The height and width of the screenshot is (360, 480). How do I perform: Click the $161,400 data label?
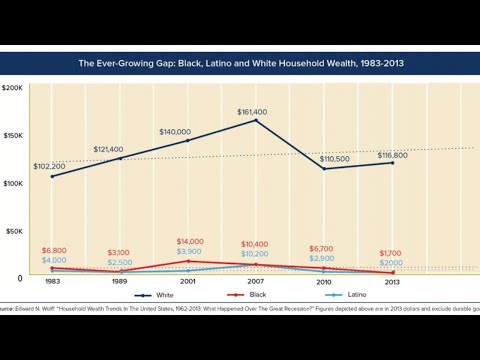[x=255, y=112]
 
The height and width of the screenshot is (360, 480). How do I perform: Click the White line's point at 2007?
[x=256, y=121]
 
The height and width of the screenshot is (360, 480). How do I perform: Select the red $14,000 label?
[x=190, y=241]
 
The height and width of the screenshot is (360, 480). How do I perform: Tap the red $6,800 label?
[x=54, y=249]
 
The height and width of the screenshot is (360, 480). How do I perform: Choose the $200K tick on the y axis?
[x=13, y=88]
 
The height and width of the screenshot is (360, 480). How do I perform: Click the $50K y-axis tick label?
[x=15, y=230]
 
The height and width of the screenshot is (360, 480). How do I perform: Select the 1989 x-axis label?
[x=119, y=282]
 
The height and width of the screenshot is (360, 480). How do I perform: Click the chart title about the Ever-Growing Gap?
[x=240, y=63]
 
